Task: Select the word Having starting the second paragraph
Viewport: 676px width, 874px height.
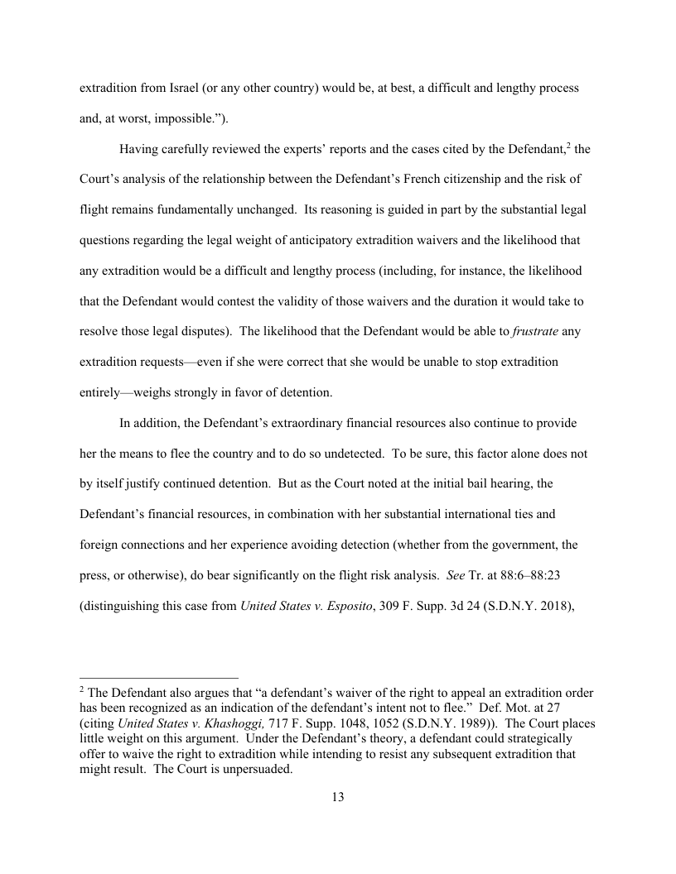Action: coord(142,149)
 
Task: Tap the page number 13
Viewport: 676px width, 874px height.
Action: coord(338,798)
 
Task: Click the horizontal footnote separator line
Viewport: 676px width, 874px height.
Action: coord(158,677)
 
